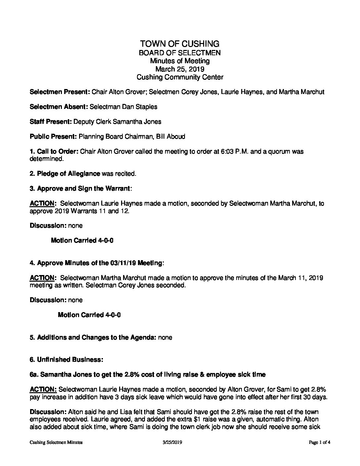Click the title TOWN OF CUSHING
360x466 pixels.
(180, 44)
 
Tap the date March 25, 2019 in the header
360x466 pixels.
(180, 69)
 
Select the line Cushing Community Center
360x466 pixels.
(180, 77)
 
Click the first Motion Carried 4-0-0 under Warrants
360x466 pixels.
(82, 241)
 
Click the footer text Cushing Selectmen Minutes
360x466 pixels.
(56, 443)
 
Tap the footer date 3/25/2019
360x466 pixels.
(173, 443)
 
